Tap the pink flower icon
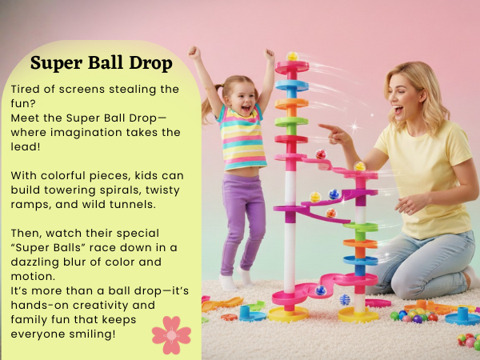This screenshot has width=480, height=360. click(x=171, y=334)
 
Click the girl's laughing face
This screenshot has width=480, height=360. click(x=239, y=94)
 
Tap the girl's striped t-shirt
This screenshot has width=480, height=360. click(x=242, y=140)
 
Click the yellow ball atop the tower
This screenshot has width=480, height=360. click(x=292, y=57)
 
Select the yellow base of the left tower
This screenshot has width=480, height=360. click(x=289, y=313)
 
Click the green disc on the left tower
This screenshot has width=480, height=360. click(x=291, y=122)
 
